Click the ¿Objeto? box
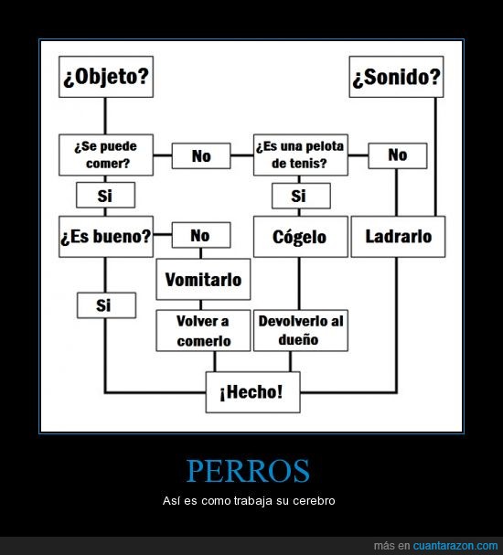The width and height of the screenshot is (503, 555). pyautogui.click(x=106, y=77)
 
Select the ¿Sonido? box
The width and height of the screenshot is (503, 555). pyautogui.click(x=396, y=77)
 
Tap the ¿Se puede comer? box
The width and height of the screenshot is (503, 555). pyautogui.click(x=106, y=155)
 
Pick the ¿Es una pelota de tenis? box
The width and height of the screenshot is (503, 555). pyautogui.click(x=301, y=155)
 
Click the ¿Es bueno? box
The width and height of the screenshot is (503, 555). pyautogui.click(x=106, y=237)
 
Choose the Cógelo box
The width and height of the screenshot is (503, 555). pyautogui.click(x=301, y=237)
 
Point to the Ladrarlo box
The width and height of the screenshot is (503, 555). pyautogui.click(x=398, y=237)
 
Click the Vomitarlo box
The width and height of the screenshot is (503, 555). pyautogui.click(x=203, y=279)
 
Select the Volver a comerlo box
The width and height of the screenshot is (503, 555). pyautogui.click(x=203, y=331)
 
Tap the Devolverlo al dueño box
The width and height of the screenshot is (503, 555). pyautogui.click(x=301, y=331)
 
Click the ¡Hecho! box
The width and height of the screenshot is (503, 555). pyautogui.click(x=252, y=392)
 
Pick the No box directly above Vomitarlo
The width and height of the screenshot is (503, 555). pyautogui.click(x=201, y=235)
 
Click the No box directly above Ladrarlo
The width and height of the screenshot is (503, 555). pyautogui.click(x=398, y=155)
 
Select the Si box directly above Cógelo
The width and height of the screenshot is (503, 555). pyautogui.click(x=301, y=196)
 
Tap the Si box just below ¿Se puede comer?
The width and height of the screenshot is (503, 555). pyautogui.click(x=105, y=195)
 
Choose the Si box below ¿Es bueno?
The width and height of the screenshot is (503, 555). pyautogui.click(x=106, y=305)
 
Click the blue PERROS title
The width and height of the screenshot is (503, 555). pyautogui.click(x=248, y=471)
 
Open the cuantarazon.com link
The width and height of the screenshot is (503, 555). pyautogui.click(x=455, y=546)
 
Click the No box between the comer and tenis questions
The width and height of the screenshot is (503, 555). pyautogui.click(x=201, y=155)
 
